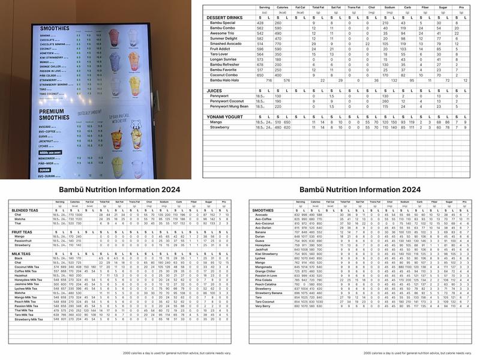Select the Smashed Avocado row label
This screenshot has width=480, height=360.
tap(225, 44)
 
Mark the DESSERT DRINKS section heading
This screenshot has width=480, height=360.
tap(224, 17)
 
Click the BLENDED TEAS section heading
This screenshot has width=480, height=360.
tap(25, 211)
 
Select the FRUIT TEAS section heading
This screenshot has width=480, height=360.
tap(22, 232)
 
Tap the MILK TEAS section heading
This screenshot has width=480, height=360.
tap(20, 254)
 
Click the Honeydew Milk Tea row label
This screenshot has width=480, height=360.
tap(28, 280)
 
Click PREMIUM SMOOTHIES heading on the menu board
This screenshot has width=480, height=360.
tap(56, 115)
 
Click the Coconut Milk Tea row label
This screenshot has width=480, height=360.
tap(28, 267)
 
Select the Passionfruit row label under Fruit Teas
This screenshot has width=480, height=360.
tap(24, 241)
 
